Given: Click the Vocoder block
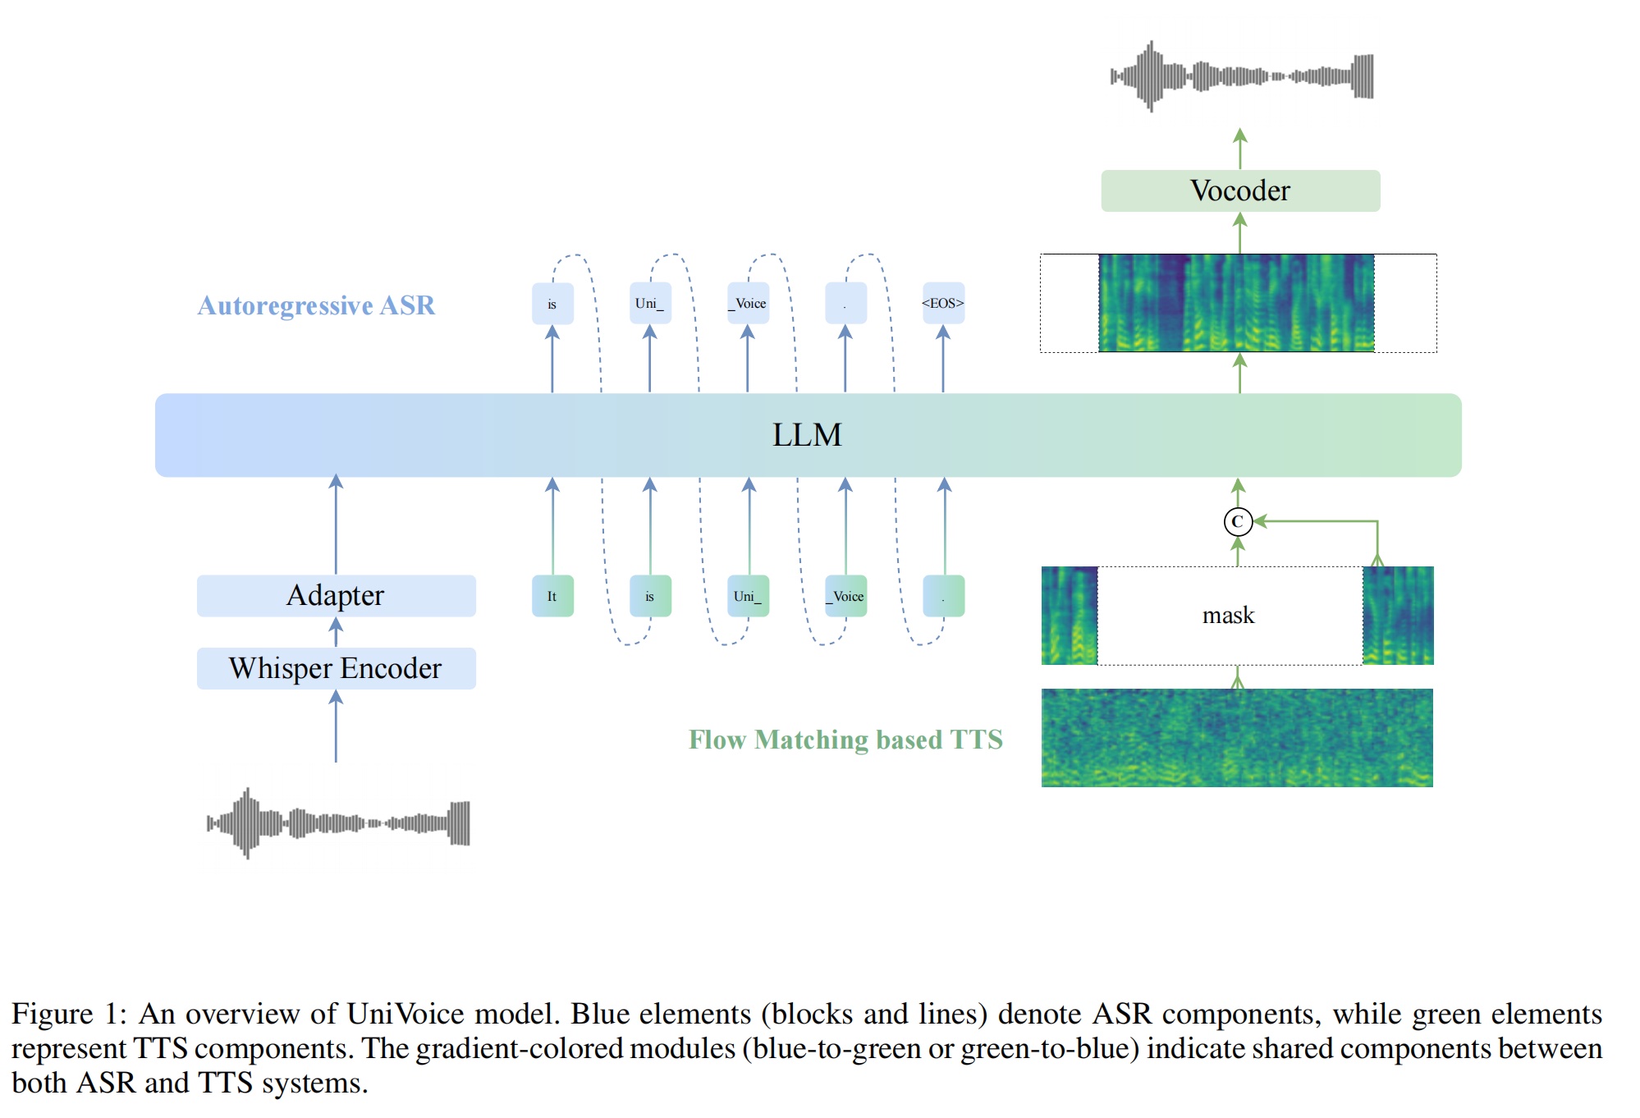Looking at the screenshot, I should click(1239, 190).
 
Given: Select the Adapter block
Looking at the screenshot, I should click(336, 595).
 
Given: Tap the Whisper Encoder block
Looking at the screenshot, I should click(336, 668).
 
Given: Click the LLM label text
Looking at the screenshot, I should click(807, 435).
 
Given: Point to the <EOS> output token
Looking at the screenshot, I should click(942, 303).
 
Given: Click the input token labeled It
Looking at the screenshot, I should click(552, 596).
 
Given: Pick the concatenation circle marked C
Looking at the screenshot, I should click(1238, 521).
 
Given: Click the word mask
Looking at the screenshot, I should click(1228, 615).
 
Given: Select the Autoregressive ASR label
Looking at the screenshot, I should click(316, 305).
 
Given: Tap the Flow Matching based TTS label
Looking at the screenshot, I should click(845, 740).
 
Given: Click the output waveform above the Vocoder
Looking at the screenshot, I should click(1241, 76).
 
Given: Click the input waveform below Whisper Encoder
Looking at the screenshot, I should click(338, 822).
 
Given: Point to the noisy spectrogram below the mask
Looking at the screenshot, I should click(1237, 737).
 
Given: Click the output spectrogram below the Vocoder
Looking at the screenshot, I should click(1236, 303).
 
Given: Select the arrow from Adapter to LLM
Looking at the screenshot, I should click(336, 525).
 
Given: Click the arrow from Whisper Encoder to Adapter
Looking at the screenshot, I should click(336, 632).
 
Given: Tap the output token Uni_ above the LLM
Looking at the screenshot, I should click(649, 303).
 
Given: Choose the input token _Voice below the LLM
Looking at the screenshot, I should click(845, 596).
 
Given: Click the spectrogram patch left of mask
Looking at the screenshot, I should click(1069, 615).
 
